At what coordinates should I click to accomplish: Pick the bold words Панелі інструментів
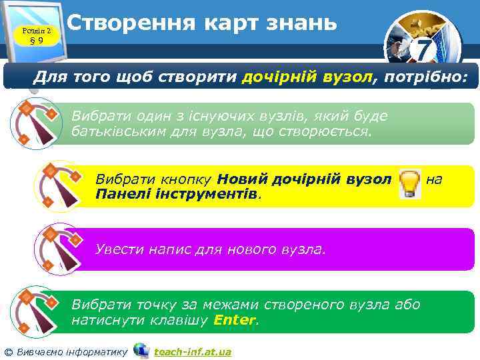coord(177,195)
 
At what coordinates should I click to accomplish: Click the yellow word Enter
coord(234,320)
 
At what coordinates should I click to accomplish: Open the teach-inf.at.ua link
coord(192,351)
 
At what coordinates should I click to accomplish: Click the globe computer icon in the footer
coord(141,350)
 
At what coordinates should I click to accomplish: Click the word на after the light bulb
coord(434,179)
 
